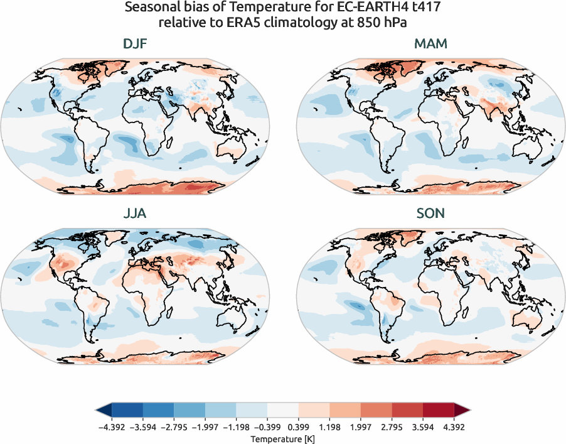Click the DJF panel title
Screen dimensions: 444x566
tap(135, 44)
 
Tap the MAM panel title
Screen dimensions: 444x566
tap(430, 44)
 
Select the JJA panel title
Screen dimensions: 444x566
tap(135, 214)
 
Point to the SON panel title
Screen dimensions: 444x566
tap(430, 214)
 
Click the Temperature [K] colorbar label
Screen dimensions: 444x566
tap(282, 438)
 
